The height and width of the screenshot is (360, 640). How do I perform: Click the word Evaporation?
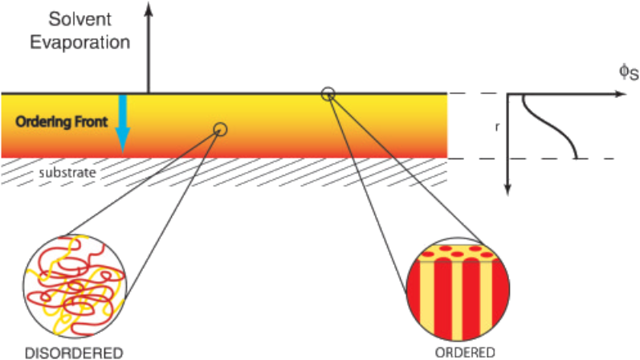[x=79, y=42]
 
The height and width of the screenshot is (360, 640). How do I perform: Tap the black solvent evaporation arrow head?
[x=148, y=8]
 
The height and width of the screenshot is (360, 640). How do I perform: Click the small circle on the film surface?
[x=328, y=93]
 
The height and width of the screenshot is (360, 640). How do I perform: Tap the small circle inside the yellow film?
[x=221, y=129]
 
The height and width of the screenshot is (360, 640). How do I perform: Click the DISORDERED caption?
[x=74, y=352]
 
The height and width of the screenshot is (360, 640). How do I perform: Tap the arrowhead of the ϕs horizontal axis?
[x=620, y=94]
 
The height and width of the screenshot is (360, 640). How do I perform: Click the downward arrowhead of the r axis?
[x=508, y=190]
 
